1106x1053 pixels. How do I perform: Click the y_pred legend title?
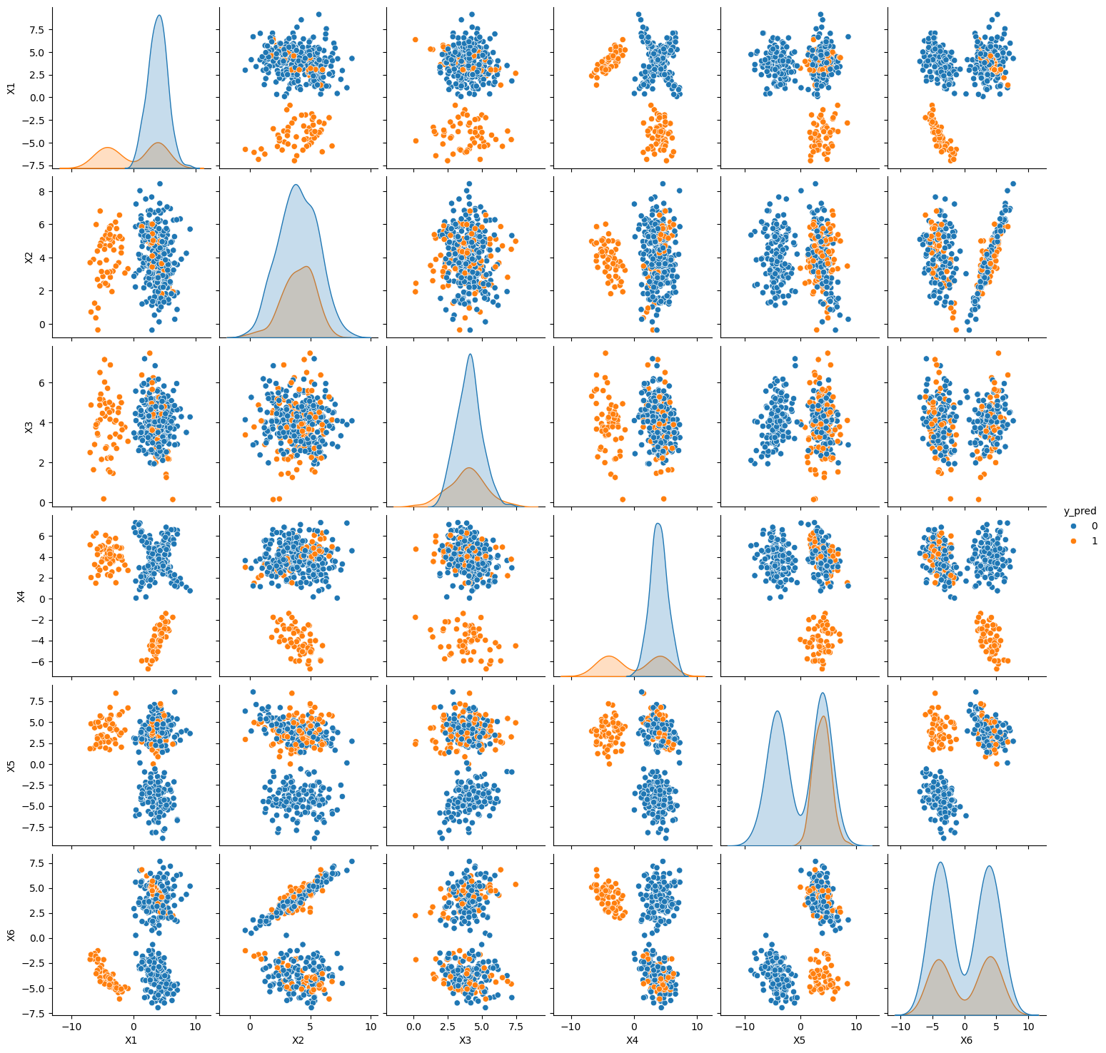[x=1080, y=511]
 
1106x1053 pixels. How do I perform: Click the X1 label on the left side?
[x=11, y=88]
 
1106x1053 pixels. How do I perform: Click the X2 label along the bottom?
[x=298, y=1040]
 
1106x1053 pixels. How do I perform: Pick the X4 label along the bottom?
[x=633, y=1040]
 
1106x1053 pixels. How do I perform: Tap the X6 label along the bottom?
[x=966, y=1040]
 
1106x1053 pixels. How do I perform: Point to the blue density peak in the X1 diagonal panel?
[x=159, y=16]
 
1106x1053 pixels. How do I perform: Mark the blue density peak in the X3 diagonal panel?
[x=470, y=355]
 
